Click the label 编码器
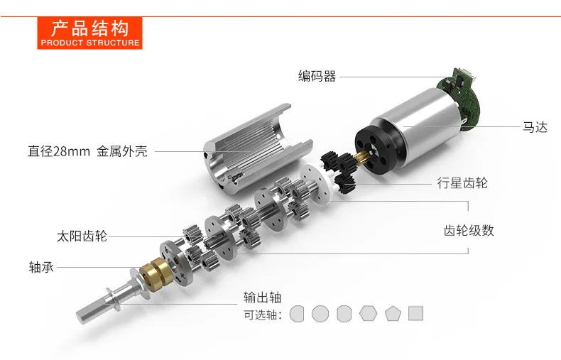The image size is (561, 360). (317, 76)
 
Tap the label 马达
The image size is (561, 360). (535, 127)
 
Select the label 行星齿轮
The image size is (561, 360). (462, 183)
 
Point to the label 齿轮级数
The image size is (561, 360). (469, 231)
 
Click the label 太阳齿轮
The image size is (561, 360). (82, 236)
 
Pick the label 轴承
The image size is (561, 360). (41, 267)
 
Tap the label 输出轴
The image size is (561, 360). (262, 298)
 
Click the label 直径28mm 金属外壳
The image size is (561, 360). (87, 151)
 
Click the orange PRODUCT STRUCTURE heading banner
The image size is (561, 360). (89, 33)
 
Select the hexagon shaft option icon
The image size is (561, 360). (368, 313)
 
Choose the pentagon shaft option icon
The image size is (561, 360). (393, 313)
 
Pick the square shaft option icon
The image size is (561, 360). (415, 313)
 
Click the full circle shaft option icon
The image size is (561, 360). (320, 313)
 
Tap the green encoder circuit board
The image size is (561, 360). (460, 97)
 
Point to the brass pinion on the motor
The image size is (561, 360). (361, 157)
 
